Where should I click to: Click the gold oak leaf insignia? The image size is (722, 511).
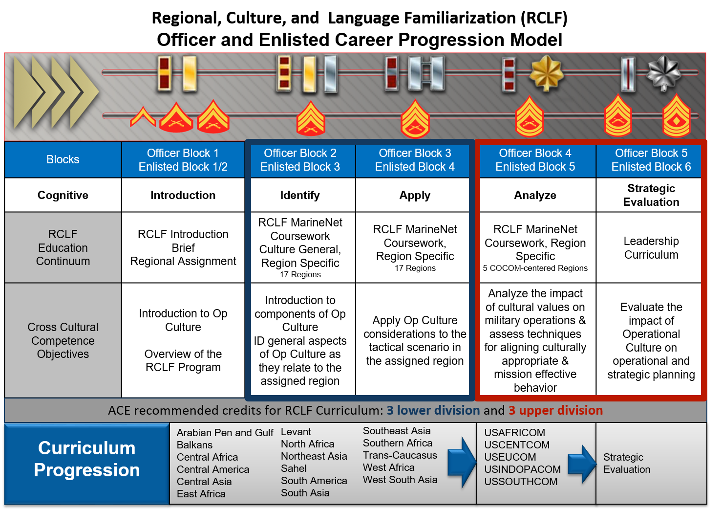pos(547,73)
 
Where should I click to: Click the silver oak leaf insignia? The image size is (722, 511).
pos(663,72)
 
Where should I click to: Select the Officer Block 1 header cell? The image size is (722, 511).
pos(183,160)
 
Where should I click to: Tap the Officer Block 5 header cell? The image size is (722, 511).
pos(651,160)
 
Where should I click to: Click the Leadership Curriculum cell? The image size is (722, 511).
pos(651,248)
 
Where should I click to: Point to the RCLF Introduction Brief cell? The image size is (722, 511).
pos(183,248)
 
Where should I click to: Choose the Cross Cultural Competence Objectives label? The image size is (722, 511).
pos(63,340)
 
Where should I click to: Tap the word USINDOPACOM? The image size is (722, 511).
pos(522,469)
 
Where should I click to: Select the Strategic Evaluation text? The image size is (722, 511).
pos(627,463)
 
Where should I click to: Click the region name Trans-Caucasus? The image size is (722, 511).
pos(400,455)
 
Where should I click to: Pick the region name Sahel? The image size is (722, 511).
pos(294,468)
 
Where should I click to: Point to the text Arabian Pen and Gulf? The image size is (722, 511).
pos(225,433)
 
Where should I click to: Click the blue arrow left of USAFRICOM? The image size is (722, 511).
pos(461,462)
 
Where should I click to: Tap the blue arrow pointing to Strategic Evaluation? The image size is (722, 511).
pos(582,464)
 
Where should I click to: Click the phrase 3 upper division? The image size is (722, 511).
pos(555,410)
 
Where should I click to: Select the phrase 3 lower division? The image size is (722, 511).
pos(433,410)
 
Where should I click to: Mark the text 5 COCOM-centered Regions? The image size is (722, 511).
pos(535,268)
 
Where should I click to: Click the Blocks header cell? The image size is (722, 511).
pos(63,159)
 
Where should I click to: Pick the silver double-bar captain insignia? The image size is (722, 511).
pos(425,73)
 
